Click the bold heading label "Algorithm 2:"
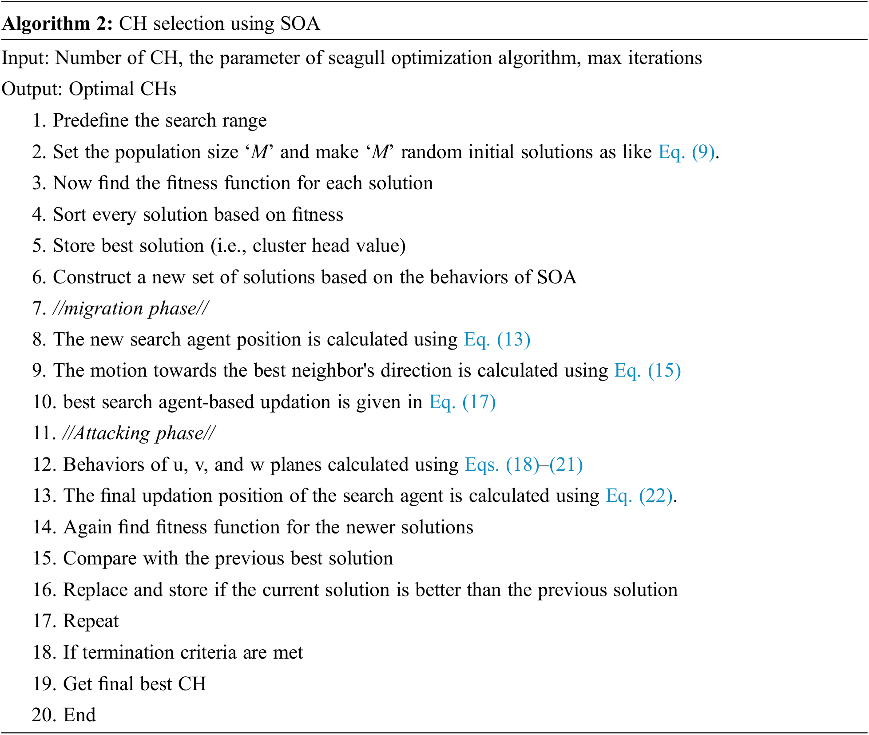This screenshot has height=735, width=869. coord(58,24)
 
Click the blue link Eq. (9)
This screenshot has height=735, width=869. coord(686,152)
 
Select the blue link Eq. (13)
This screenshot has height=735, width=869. coord(497,339)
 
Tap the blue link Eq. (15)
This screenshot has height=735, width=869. coord(647,370)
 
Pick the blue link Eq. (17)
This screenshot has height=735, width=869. coord(462,402)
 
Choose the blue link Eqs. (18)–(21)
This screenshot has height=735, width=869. coord(524,465)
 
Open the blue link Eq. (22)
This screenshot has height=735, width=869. coord(639,496)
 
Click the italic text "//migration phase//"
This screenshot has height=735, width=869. coord(131,308)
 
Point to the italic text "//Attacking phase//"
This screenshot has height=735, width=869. coord(139,433)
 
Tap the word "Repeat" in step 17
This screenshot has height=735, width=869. coord(91,621)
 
